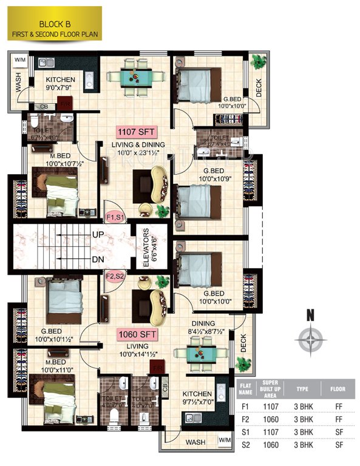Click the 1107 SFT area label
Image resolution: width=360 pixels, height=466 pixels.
click(x=138, y=131)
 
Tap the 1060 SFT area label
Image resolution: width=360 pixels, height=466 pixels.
click(x=138, y=334)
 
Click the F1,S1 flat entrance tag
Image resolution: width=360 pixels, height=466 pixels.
click(x=115, y=217)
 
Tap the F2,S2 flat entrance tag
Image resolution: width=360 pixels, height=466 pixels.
click(x=115, y=276)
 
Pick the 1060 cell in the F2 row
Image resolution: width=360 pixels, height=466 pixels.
click(x=271, y=419)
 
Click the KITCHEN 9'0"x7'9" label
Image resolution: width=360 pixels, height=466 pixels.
click(x=60, y=84)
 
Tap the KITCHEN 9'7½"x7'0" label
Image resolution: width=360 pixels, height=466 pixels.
click(x=197, y=398)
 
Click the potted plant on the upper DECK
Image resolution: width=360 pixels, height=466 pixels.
click(x=259, y=61)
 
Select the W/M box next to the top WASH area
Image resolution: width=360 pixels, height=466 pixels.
click(x=19, y=59)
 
